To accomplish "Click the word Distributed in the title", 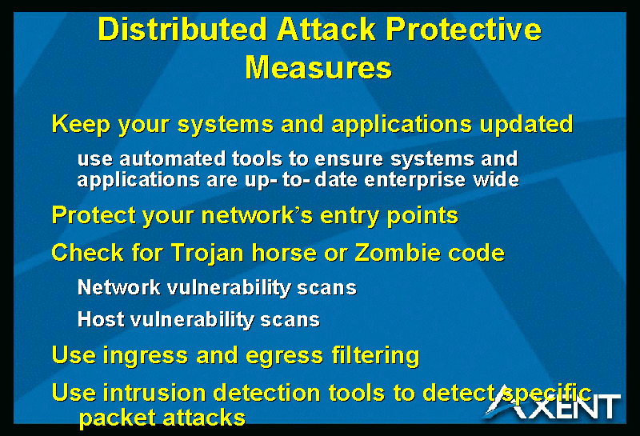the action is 182,30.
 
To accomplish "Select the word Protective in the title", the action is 464,30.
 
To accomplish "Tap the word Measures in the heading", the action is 318,67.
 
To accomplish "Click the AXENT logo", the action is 553,403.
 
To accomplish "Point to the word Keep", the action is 81,125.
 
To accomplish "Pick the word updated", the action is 526,124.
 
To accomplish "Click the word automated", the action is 172,159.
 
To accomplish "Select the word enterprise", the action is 414,180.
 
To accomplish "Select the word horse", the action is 284,253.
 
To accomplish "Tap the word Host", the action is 101,319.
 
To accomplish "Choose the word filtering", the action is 375,355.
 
